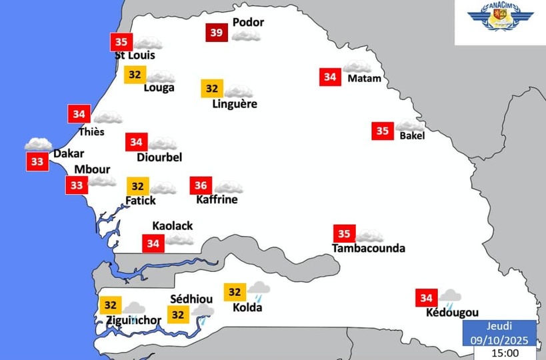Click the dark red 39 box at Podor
click(x=215, y=32)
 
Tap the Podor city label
click(x=248, y=22)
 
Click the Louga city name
click(x=159, y=87)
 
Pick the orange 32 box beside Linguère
click(x=212, y=88)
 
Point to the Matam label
click(x=364, y=79)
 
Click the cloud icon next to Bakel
click(x=409, y=126)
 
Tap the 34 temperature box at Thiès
click(x=78, y=114)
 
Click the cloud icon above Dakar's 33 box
click(x=38, y=143)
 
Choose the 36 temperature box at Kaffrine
click(x=200, y=185)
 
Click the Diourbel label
click(x=159, y=157)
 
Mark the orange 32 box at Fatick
click(x=137, y=186)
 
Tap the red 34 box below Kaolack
click(x=153, y=243)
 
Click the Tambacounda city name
click(x=368, y=249)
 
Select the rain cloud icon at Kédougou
click(x=450, y=297)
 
